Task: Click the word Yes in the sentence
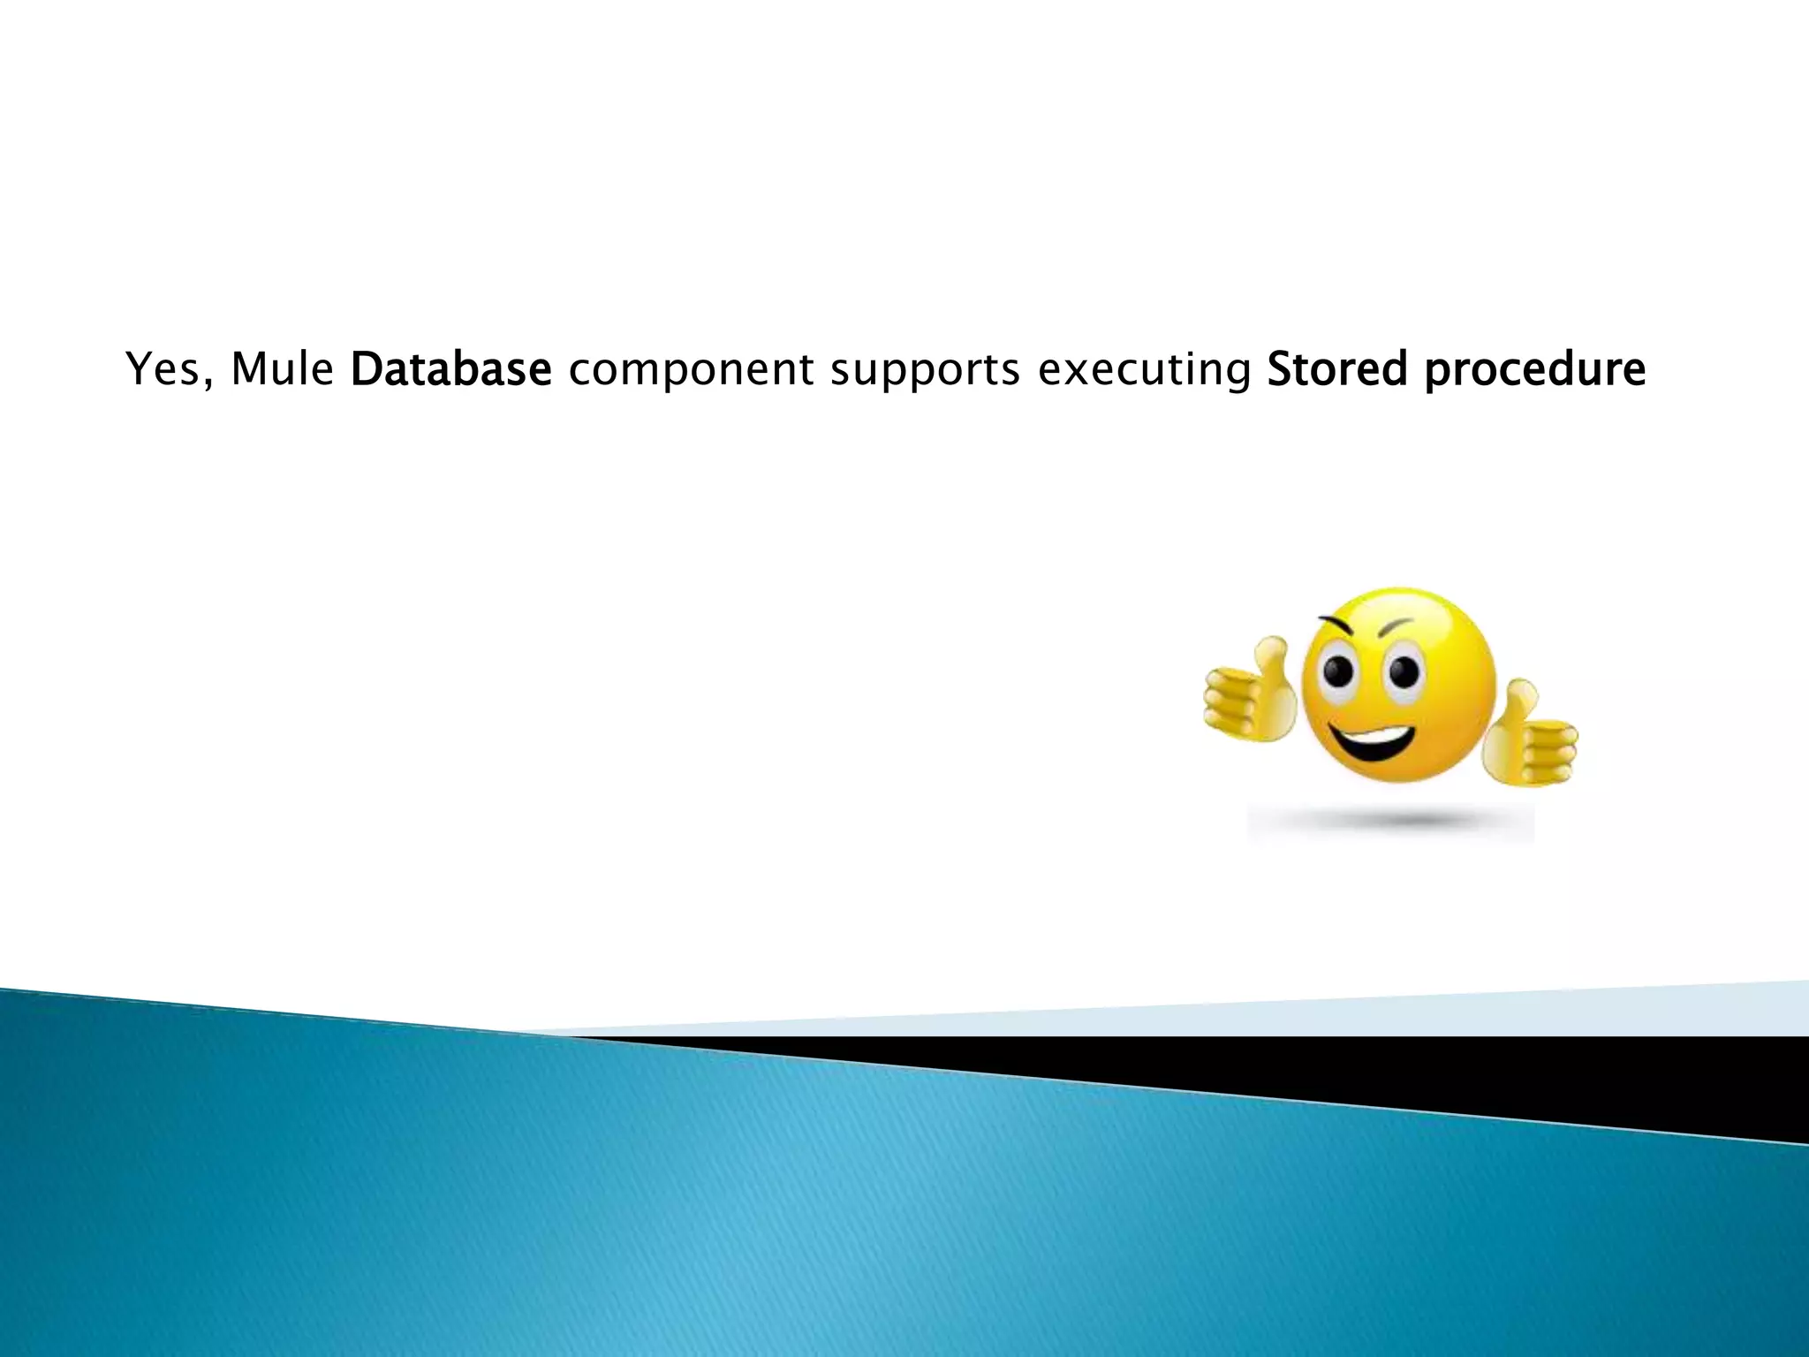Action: point(162,369)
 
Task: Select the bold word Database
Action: point(450,369)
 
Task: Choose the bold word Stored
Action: point(1336,369)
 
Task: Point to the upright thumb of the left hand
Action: point(1273,658)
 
